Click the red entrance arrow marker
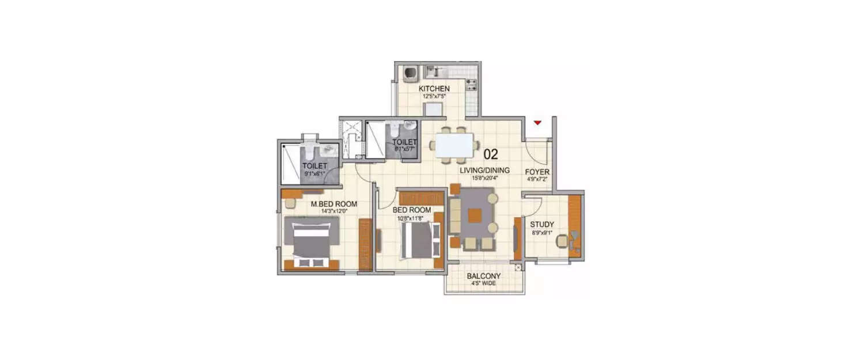[537, 123]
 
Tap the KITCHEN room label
[434, 88]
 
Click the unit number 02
[490, 154]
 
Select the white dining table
[454, 145]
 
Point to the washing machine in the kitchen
[411, 73]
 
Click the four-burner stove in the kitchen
[471, 85]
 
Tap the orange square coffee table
[474, 215]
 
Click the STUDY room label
[542, 225]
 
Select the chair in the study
[562, 242]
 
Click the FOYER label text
[537, 172]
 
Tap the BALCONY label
[483, 276]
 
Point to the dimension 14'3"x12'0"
[334, 211]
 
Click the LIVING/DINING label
[484, 170]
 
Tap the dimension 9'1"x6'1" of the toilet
[314, 173]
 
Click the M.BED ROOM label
[334, 204]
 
